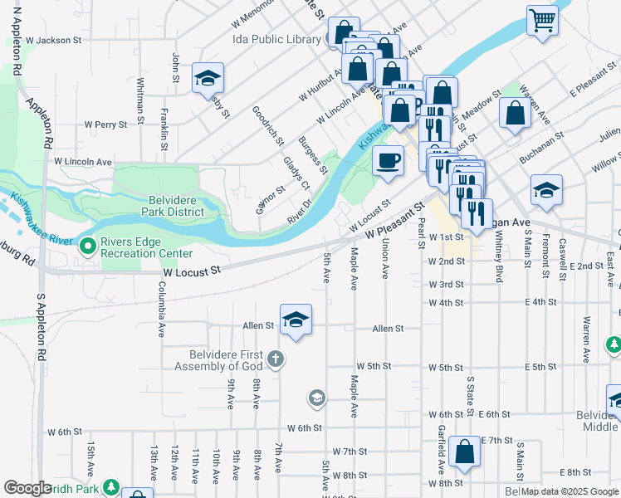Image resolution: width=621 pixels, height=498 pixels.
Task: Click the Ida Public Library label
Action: click(x=276, y=39)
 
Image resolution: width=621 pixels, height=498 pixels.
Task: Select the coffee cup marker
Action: click(x=387, y=160)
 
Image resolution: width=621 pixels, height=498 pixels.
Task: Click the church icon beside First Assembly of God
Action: click(x=276, y=359)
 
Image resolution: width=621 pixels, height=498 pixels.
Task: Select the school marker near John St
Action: click(x=208, y=78)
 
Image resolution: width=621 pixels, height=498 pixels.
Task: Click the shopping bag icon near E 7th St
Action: click(x=464, y=452)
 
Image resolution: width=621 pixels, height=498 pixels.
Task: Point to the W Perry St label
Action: click(x=105, y=124)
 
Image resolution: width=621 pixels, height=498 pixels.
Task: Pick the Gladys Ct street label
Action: click(x=296, y=172)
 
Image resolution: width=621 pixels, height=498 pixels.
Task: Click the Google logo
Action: click(x=27, y=488)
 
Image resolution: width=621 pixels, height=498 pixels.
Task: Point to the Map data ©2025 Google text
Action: click(x=570, y=491)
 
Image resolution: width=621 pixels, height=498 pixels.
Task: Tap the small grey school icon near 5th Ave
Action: click(x=315, y=399)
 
